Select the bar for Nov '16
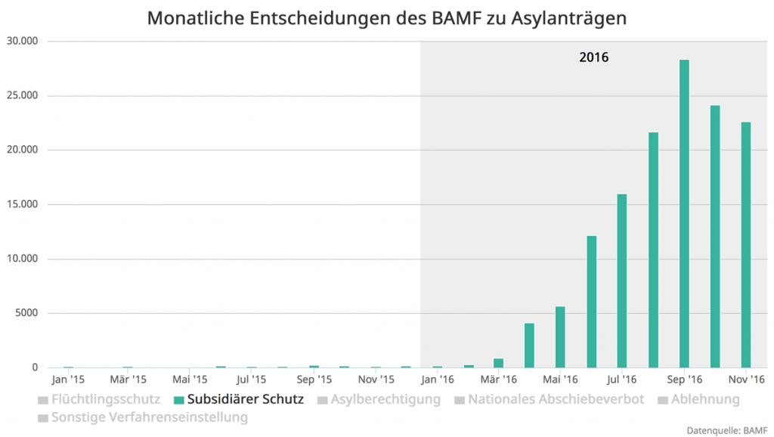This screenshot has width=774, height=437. [x=746, y=245]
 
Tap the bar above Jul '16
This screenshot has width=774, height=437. [x=622, y=281]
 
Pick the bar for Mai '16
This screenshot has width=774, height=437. [x=560, y=337]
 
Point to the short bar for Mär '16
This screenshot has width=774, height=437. [x=499, y=363]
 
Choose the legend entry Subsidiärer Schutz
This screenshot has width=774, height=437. [x=238, y=399]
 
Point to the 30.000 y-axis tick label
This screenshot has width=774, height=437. [x=22, y=41]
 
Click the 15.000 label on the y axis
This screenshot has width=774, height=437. [x=22, y=204]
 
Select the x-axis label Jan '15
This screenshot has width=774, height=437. [x=67, y=379]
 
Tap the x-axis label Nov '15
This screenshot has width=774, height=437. [x=376, y=379]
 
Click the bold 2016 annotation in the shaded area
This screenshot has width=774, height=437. [x=594, y=57]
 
